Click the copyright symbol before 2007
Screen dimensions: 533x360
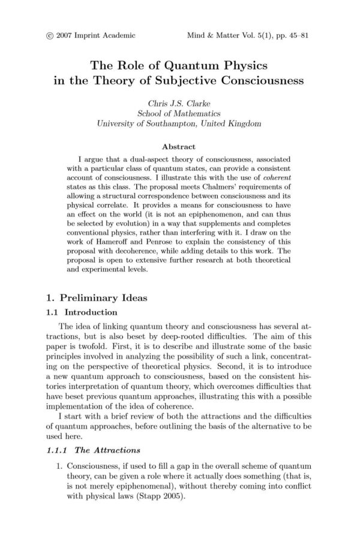pos(49,35)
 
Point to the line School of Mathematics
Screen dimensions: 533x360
pos(179,113)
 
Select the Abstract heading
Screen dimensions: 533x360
pos(179,145)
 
